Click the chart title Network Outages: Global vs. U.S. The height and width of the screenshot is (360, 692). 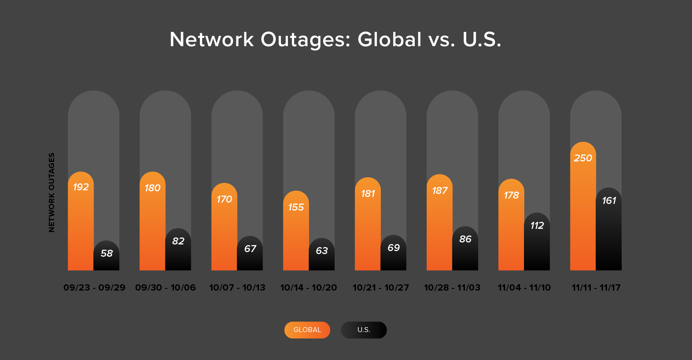coord(335,40)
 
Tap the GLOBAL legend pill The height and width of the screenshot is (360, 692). coord(307,330)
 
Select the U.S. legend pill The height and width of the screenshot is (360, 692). coord(364,330)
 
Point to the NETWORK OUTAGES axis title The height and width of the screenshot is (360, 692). coord(51,192)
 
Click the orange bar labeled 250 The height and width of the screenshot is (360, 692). coord(583,213)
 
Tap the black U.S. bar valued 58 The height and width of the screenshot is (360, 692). coord(106,262)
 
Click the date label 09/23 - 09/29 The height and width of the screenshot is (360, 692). coord(94,288)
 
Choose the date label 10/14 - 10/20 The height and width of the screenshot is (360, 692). coord(308,288)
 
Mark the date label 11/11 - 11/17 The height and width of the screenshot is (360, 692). coord(596,288)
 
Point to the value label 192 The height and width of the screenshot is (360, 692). coord(81,187)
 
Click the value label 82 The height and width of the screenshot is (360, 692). coord(178,241)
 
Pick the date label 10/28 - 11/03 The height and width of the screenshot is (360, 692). coord(452,288)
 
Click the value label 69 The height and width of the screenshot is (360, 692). coord(393,248)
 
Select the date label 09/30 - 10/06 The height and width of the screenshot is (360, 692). coord(165,288)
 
